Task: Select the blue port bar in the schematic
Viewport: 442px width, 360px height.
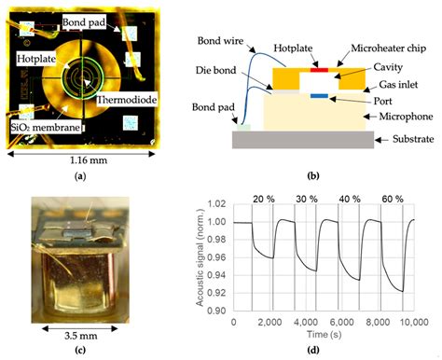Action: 319,96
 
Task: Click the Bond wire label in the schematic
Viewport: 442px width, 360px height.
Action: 222,42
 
